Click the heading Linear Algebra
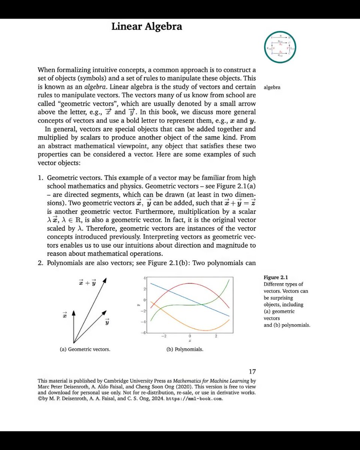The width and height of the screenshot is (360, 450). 147,27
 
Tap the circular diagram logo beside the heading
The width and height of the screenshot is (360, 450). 280,47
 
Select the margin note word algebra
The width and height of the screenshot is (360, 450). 272,88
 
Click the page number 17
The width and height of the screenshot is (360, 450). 252,372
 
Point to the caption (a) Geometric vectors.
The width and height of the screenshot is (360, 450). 85,349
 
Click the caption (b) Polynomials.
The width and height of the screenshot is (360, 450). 184,349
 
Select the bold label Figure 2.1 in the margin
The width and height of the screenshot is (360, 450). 276,277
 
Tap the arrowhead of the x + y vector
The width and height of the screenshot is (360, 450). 106,280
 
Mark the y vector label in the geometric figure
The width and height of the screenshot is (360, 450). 107,322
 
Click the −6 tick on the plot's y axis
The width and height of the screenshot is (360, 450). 143,333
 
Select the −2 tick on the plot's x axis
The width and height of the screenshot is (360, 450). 163,336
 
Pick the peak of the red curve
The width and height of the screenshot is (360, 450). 190,283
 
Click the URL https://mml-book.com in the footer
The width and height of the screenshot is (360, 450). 195,399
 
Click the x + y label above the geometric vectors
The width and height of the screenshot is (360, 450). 87,282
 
